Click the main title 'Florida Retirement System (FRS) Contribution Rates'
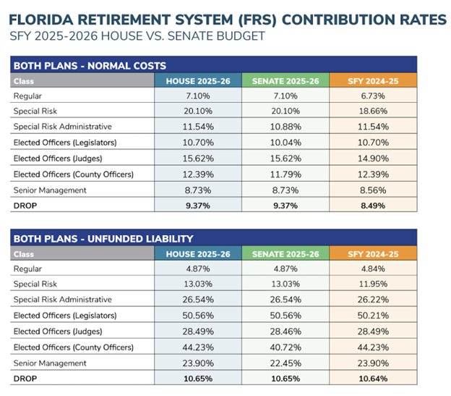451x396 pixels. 225,18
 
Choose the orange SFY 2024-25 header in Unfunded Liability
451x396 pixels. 375,253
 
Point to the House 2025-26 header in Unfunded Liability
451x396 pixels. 198,253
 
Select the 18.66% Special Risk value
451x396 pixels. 375,111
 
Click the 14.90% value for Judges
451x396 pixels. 375,159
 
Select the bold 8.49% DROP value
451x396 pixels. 375,206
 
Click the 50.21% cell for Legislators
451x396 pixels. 375,315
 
